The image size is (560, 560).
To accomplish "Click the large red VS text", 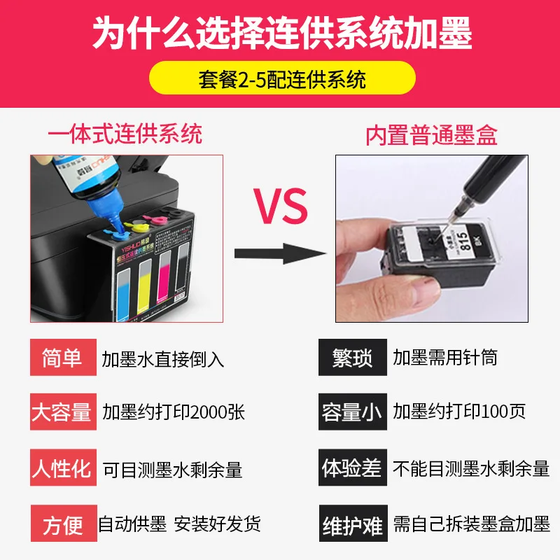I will tap(280, 204).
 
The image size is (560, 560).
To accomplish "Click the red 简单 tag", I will tap(57, 358).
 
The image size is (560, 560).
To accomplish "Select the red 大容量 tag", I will tap(62, 412).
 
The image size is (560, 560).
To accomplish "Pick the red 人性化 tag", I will tap(62, 468).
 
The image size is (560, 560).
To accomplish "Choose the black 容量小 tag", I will tap(352, 412).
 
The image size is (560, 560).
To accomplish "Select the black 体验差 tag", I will tap(352, 468).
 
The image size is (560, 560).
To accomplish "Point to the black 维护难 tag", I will tap(352, 524).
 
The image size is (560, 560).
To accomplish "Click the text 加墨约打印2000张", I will tap(174, 412).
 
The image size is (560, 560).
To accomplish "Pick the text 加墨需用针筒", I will tap(445, 358).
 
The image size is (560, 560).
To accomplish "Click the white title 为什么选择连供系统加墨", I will tap(280, 33).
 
